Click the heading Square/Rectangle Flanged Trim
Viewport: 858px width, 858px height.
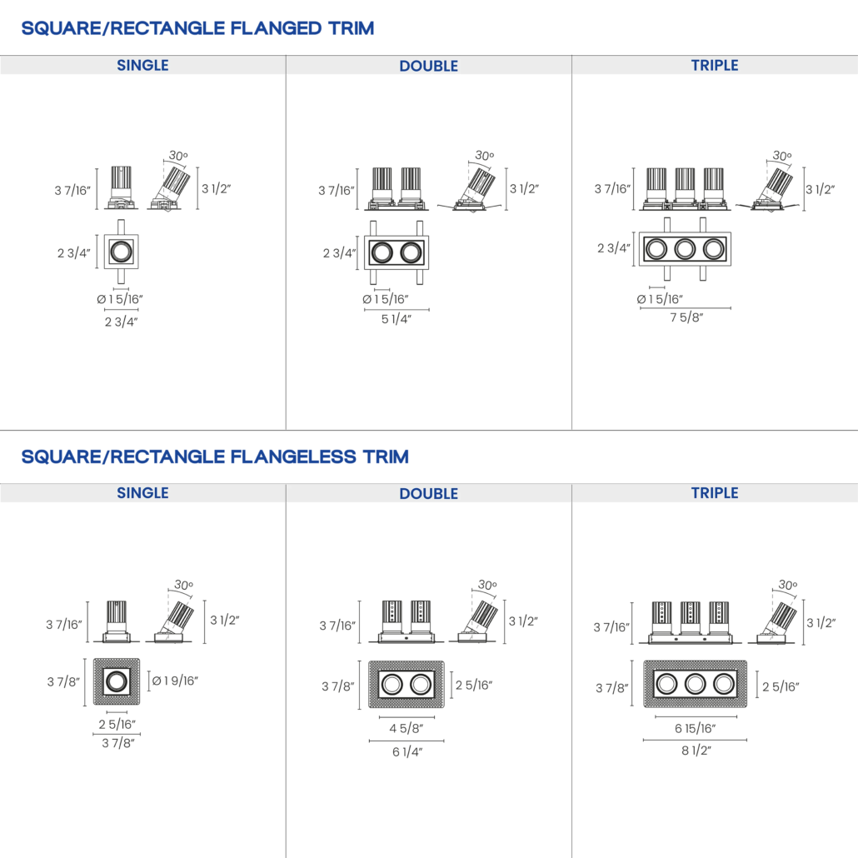click(197, 28)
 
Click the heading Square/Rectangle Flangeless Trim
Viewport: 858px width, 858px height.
click(215, 456)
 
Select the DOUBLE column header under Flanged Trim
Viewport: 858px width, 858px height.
click(428, 66)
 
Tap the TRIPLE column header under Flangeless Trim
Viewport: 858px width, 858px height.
click(715, 493)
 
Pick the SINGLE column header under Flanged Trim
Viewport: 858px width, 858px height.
click(142, 65)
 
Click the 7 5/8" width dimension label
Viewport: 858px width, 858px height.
click(686, 317)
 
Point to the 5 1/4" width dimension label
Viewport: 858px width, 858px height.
click(397, 319)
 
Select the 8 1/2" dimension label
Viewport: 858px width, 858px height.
click(696, 751)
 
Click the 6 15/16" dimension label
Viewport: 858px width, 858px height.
click(695, 728)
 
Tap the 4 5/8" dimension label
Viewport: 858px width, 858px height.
click(406, 728)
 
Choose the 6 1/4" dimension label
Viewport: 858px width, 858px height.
click(407, 752)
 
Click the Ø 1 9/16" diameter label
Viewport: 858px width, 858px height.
click(175, 681)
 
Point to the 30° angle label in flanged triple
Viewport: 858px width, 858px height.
click(782, 156)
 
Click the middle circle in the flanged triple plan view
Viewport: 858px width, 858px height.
click(685, 249)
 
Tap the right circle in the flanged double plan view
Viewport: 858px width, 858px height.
click(411, 252)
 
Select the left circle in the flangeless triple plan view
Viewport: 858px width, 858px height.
click(666, 684)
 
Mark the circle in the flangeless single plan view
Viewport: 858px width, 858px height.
click(117, 681)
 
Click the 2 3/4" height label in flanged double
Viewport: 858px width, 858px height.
click(339, 252)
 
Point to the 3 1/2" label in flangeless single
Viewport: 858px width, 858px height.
click(225, 620)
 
